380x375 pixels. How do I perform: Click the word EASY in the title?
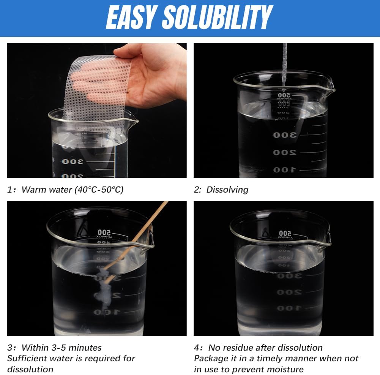131,18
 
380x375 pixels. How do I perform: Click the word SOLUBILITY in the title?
218,18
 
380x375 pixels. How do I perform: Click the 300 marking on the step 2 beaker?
285,135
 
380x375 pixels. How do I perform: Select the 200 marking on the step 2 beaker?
285,153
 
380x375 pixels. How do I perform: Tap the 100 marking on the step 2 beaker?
285,170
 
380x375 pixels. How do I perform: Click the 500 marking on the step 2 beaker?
284,95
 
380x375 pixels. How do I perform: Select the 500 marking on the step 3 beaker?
104,233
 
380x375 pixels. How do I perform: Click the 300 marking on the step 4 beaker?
289,276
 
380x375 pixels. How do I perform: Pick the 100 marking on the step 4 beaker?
289,308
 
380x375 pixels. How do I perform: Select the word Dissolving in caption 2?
227,190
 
